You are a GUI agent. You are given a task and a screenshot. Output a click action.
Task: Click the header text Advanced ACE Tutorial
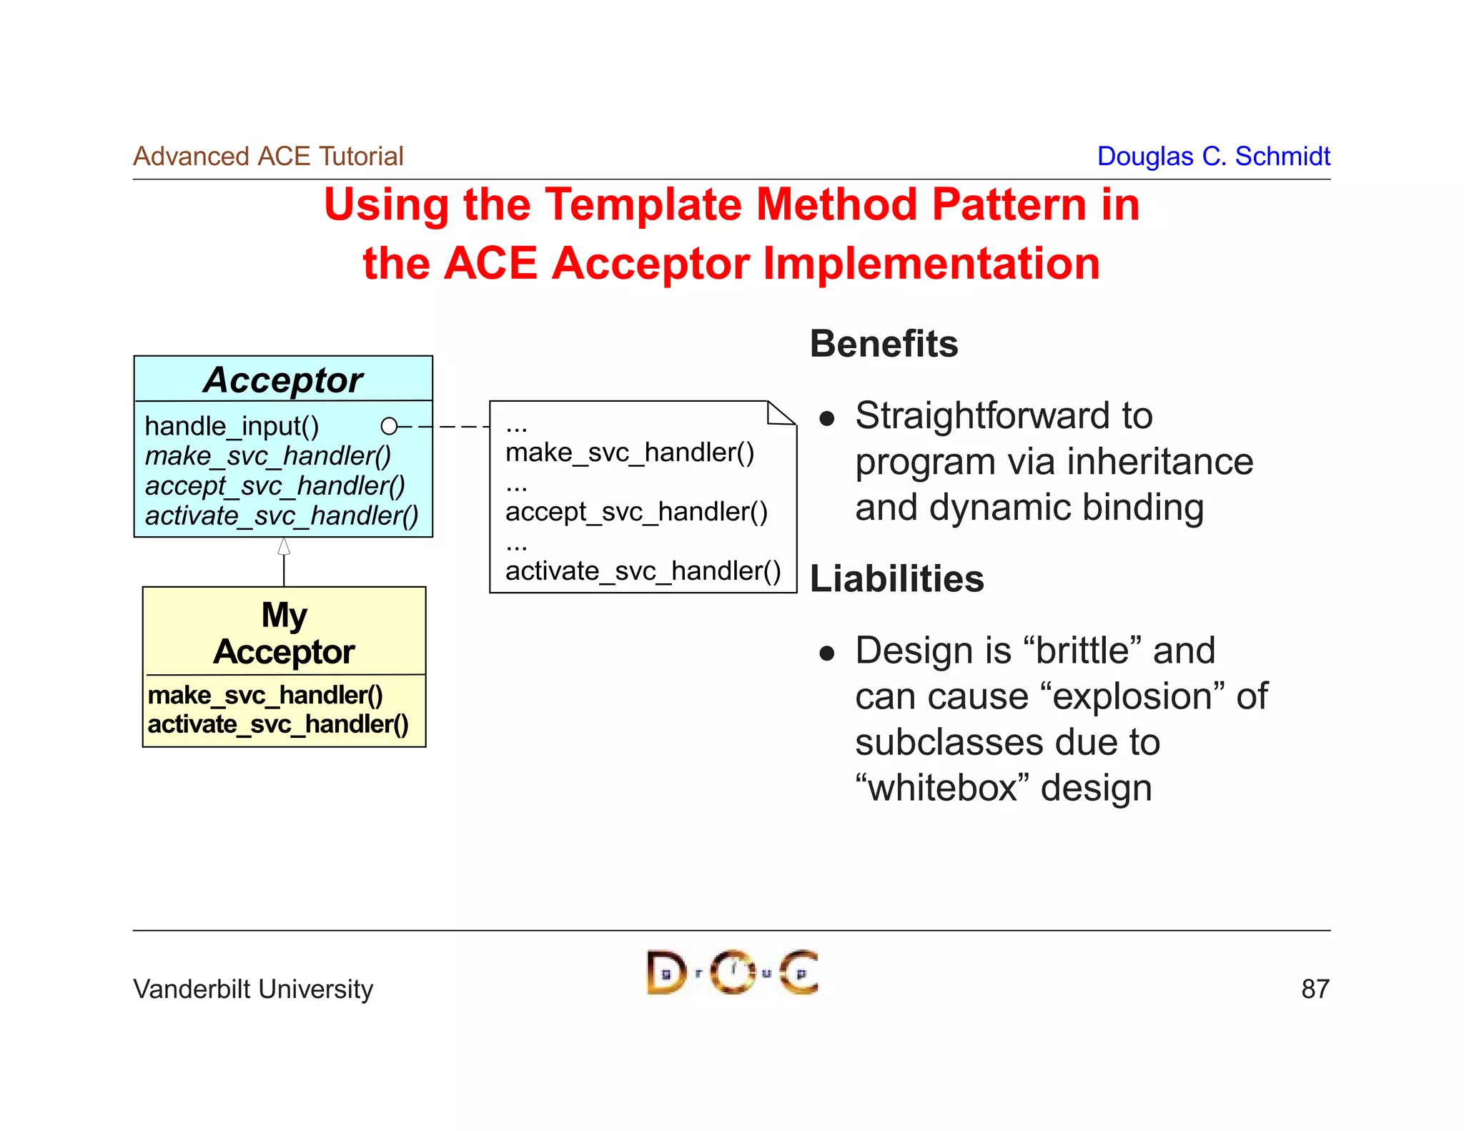(268, 156)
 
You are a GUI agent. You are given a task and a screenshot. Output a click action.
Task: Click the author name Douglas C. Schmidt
(1213, 156)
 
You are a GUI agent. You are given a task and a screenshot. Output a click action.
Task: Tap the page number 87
(1315, 989)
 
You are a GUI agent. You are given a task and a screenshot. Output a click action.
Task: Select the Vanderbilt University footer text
(253, 989)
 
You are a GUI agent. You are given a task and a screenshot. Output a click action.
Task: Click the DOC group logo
(732, 972)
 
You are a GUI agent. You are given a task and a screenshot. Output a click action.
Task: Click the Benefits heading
(884, 344)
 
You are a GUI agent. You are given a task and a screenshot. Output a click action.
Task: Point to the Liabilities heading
(896, 578)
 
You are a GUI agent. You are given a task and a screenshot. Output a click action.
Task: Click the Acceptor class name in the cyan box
(283, 380)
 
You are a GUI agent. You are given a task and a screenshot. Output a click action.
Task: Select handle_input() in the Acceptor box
(232, 426)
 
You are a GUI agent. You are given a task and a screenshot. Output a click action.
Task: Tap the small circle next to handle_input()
(389, 426)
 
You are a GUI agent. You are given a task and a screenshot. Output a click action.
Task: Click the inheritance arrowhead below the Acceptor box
(284, 547)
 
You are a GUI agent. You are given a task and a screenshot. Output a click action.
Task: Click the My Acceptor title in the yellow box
(284, 633)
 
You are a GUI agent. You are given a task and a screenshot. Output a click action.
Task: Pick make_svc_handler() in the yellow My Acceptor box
(265, 695)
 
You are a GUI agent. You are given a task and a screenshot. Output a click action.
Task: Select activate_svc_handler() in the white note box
(643, 571)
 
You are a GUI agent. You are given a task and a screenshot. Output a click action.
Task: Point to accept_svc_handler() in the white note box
(636, 512)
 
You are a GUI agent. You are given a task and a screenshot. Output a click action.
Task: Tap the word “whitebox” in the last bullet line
(942, 788)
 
